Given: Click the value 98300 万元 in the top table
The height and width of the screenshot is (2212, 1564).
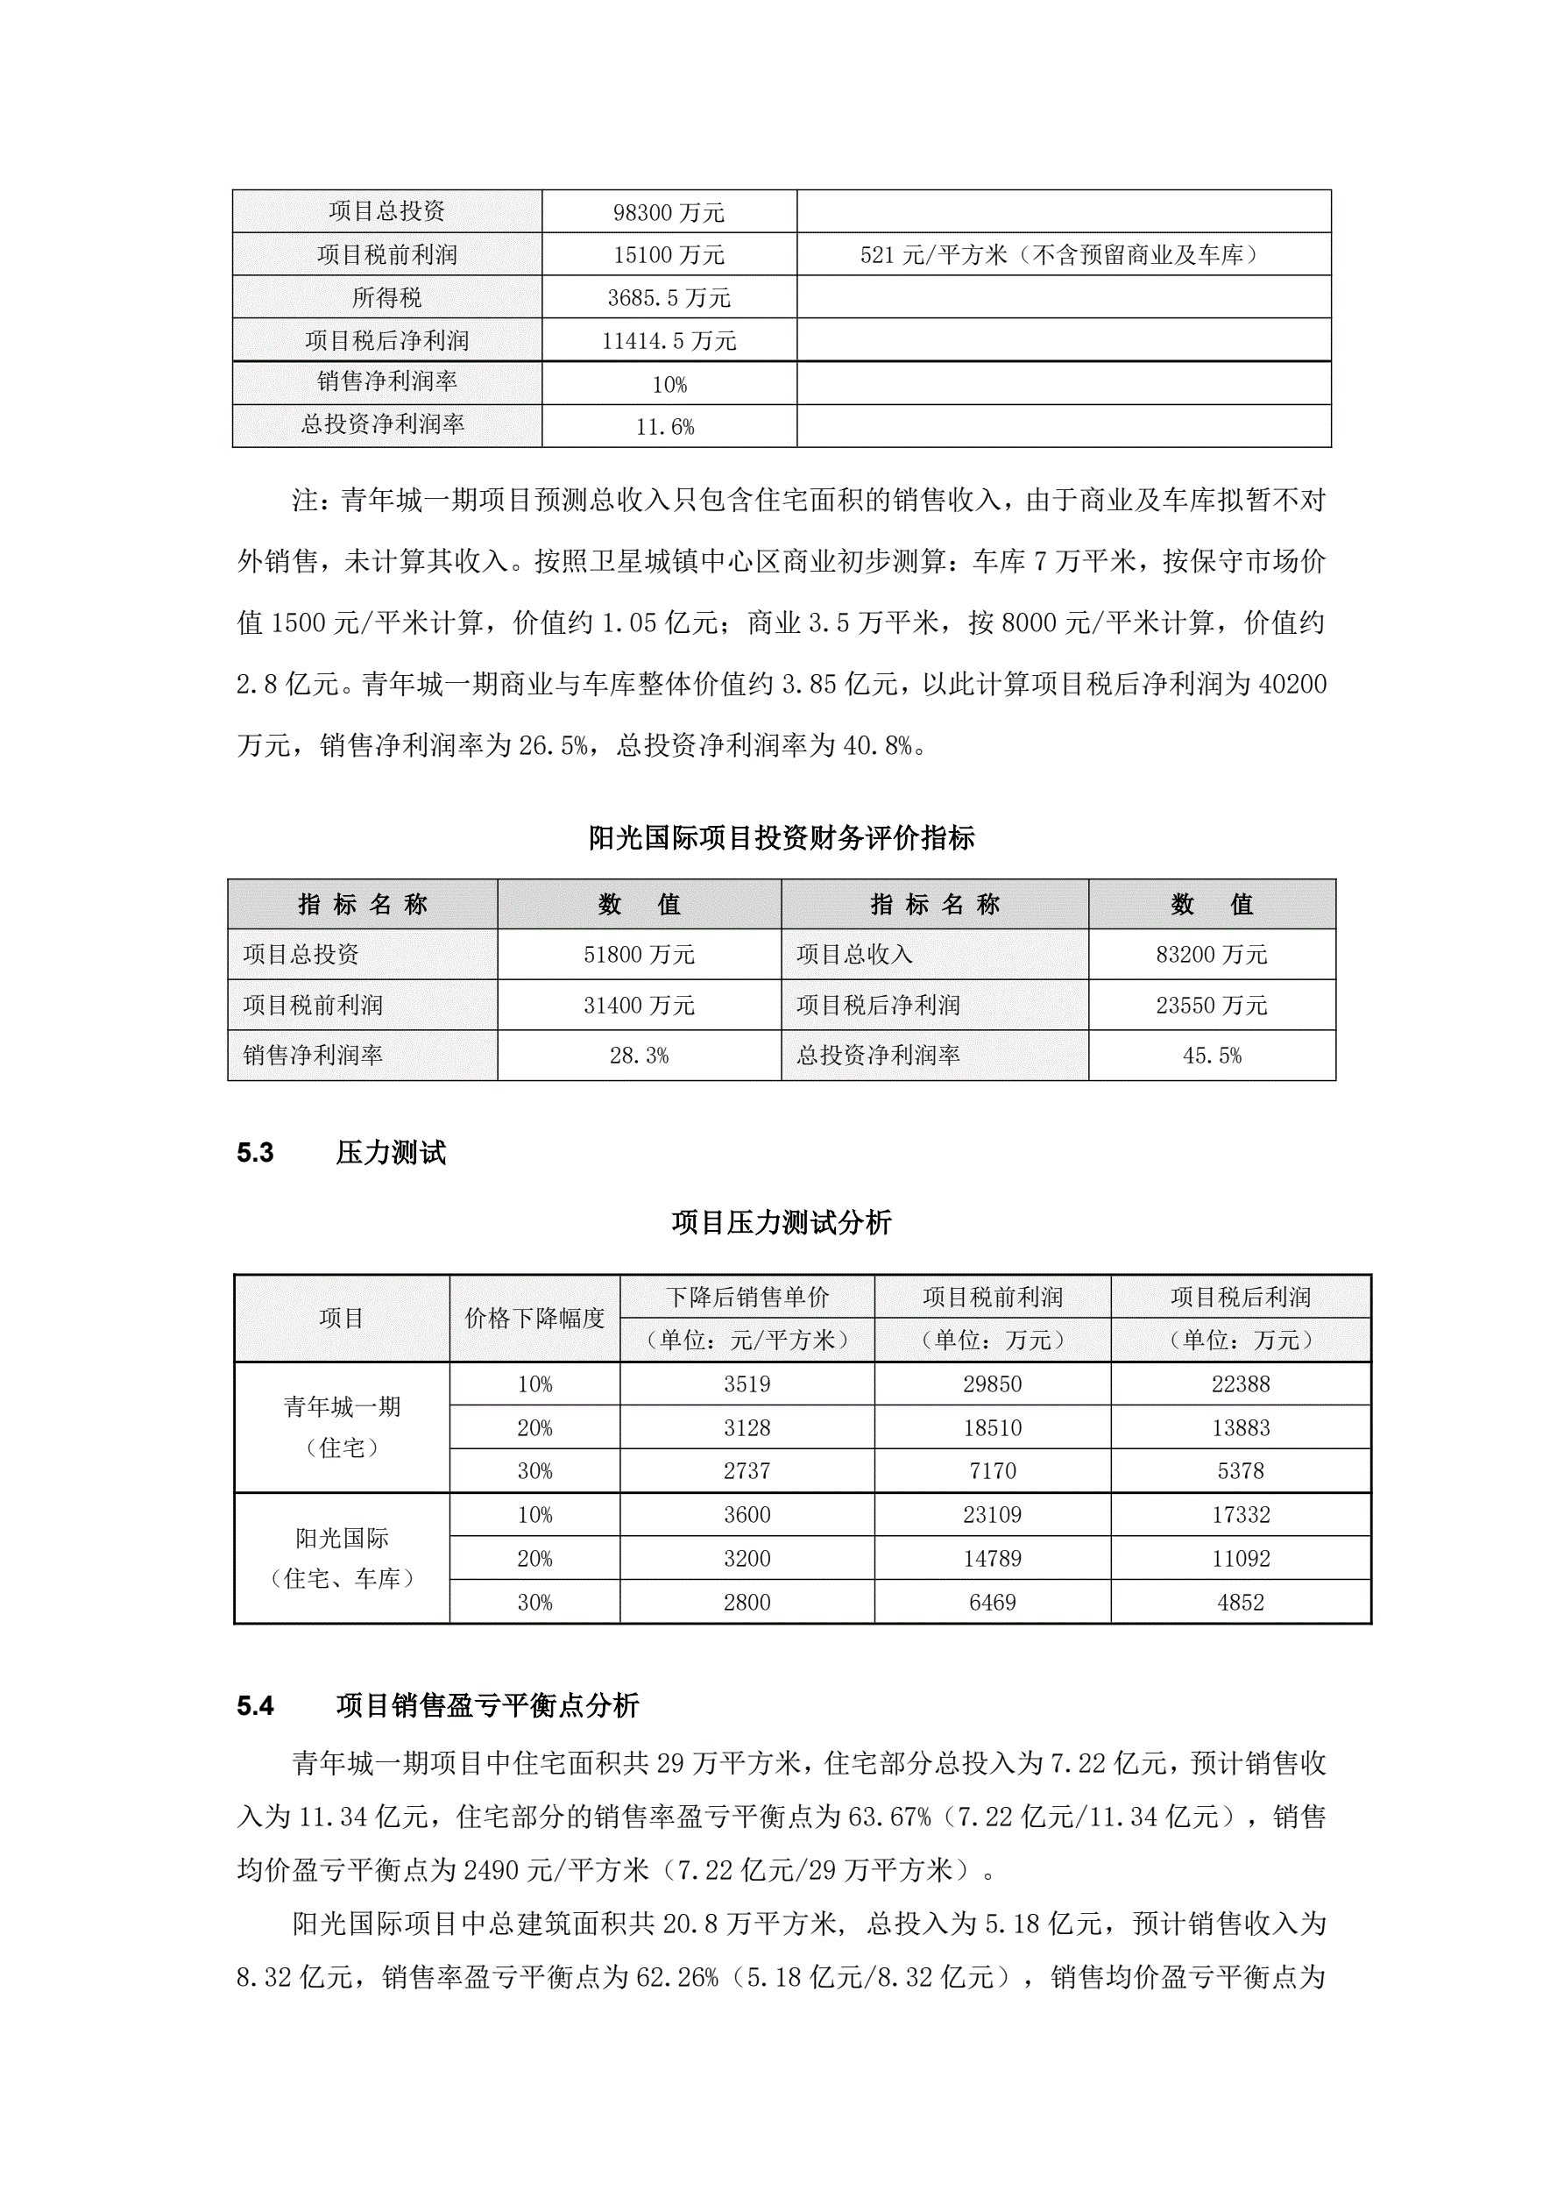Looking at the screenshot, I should click(x=669, y=212).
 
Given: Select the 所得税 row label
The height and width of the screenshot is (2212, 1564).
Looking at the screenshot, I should click(x=386, y=298).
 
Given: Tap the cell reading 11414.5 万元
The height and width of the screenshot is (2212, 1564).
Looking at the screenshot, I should click(x=669, y=341).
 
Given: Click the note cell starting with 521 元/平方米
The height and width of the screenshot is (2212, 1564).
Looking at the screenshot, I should click(x=1062, y=255).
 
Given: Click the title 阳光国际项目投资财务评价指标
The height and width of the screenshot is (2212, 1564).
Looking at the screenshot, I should click(x=781, y=838).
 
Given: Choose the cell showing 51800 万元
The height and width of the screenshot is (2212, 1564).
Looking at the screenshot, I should click(x=639, y=955).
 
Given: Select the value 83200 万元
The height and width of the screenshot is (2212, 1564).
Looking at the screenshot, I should click(x=1212, y=955).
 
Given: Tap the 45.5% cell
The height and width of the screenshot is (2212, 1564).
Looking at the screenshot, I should click(x=1212, y=1056).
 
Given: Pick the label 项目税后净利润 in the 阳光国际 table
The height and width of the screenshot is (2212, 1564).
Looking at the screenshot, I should click(x=877, y=1006).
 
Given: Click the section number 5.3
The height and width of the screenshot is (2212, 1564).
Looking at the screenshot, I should click(x=255, y=1153).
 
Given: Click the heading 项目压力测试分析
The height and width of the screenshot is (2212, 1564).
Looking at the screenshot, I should click(x=781, y=1222).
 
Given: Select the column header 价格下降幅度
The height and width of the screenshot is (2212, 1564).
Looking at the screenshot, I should click(x=534, y=1318).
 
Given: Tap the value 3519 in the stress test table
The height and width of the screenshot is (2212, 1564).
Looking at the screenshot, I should click(x=747, y=1384).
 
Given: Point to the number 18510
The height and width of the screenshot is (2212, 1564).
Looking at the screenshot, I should click(x=992, y=1428).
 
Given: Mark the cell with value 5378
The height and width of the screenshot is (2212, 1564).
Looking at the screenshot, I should click(x=1240, y=1471).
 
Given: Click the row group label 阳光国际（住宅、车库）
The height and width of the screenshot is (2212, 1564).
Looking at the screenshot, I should click(x=342, y=1558).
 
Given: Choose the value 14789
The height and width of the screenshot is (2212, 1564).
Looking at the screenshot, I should click(x=992, y=1559).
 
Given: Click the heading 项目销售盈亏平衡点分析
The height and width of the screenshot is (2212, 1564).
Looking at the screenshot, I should click(x=487, y=1706).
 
